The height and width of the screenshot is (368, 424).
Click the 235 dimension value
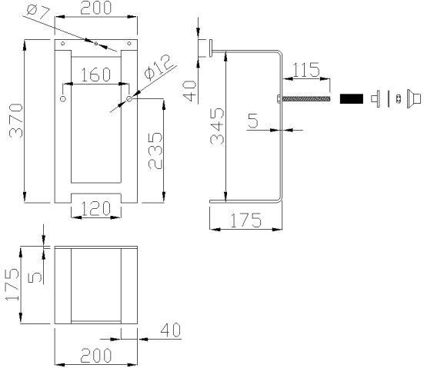154,153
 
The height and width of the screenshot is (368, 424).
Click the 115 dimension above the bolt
305,69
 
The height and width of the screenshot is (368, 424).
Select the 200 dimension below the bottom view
95,356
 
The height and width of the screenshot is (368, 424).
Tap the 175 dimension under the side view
245,220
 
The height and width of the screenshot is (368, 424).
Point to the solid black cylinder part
350,98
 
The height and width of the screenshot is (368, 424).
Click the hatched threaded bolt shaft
306,98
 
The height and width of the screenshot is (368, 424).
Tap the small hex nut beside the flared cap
398,98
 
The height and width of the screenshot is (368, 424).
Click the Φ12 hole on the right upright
130,99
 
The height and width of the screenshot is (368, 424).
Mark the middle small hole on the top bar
95,44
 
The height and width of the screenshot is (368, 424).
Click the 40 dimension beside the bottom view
169,331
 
